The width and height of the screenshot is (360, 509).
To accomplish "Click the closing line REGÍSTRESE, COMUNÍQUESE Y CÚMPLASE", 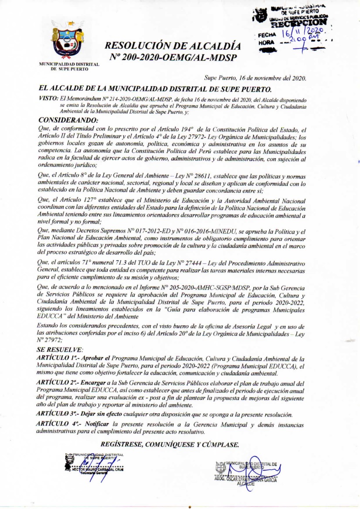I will pyautogui.click(x=170, y=445).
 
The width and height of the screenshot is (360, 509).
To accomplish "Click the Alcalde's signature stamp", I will pyautogui.click(x=248, y=472).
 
